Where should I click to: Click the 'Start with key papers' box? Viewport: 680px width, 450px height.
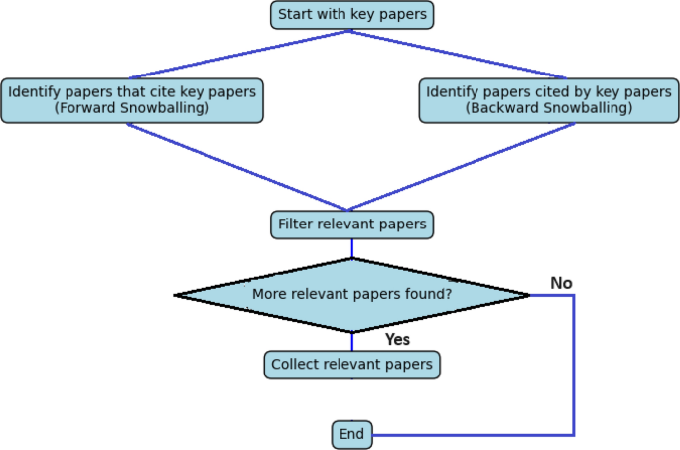pos(351,15)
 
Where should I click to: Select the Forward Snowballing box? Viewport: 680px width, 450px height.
pos(132,100)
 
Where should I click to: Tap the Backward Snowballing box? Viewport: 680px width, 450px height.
pos(548,100)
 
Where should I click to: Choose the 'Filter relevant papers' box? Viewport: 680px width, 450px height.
pos(351,225)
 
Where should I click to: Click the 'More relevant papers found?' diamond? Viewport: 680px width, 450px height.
pos(351,295)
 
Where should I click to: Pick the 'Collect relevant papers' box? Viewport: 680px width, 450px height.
pos(351,365)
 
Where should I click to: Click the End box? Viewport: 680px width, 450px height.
pos(351,435)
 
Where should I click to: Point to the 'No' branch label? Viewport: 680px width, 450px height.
pos(561,284)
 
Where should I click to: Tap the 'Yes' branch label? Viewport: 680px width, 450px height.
pos(397,340)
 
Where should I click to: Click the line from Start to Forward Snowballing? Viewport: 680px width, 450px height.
pos(238,54)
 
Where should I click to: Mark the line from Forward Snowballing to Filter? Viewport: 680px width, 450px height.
pos(238,167)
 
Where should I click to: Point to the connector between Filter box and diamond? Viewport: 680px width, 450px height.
pos(351,248)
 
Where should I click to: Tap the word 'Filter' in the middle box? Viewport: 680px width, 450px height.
pos(295,225)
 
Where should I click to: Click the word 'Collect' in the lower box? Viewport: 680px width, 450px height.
pos(295,365)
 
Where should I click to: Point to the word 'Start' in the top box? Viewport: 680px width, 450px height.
pos(295,15)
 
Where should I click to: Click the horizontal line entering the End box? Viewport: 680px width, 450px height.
pos(467,435)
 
